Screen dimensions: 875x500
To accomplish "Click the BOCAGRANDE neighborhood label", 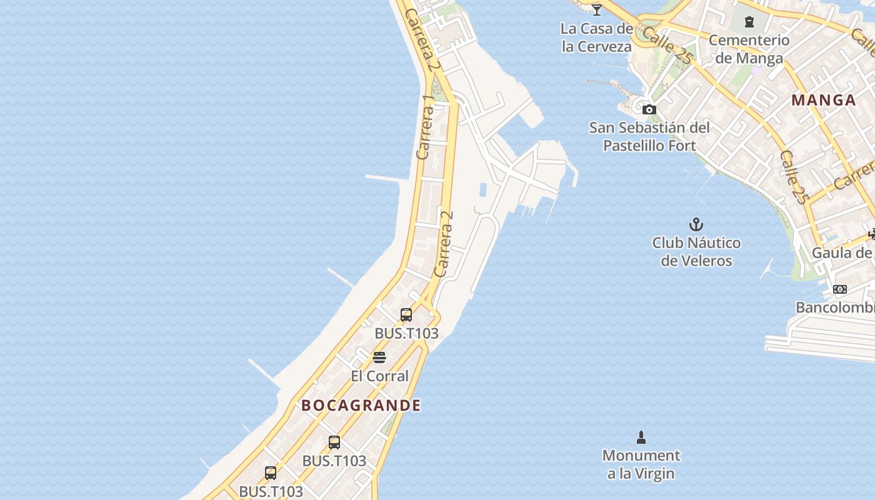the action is point(361,406).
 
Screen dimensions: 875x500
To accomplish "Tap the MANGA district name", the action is point(823,100).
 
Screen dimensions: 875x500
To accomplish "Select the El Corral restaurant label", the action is point(379,376).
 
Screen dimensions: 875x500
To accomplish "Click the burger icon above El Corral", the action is point(379,357).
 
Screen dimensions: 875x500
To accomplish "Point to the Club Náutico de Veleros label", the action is point(696,251).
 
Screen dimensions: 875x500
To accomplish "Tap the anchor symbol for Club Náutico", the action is point(696,224).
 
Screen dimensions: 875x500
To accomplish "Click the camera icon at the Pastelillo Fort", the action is point(649,110).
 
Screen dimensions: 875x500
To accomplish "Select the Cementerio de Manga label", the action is point(749,49).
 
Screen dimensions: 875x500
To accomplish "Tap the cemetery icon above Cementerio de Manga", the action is point(749,22).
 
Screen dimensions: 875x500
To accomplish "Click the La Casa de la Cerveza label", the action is point(597,37).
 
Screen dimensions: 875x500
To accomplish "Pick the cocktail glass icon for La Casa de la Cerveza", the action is point(597,9).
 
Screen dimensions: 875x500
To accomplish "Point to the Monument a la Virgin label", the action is point(641,464).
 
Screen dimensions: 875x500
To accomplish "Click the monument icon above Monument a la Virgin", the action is point(641,437).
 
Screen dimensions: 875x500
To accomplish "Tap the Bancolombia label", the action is point(835,307).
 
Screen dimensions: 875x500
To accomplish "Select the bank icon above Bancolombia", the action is point(840,289).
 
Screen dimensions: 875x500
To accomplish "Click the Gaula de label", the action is point(841,253).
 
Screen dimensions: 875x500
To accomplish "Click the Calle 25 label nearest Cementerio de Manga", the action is point(667,45).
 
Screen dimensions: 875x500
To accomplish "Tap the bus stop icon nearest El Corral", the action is point(406,315).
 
